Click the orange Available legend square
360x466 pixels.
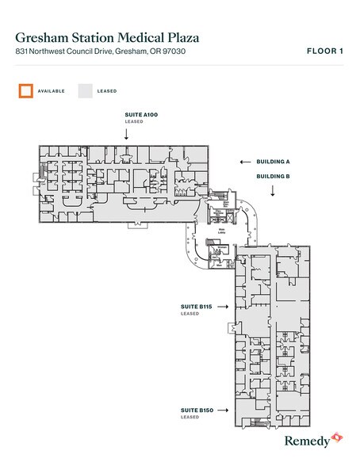(27, 90)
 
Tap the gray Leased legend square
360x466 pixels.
(85, 90)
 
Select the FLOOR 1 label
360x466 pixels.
(324, 51)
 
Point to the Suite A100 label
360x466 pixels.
(141, 116)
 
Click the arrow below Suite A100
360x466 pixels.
(127, 134)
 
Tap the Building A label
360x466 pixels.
(271, 161)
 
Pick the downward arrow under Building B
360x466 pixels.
(271, 191)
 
